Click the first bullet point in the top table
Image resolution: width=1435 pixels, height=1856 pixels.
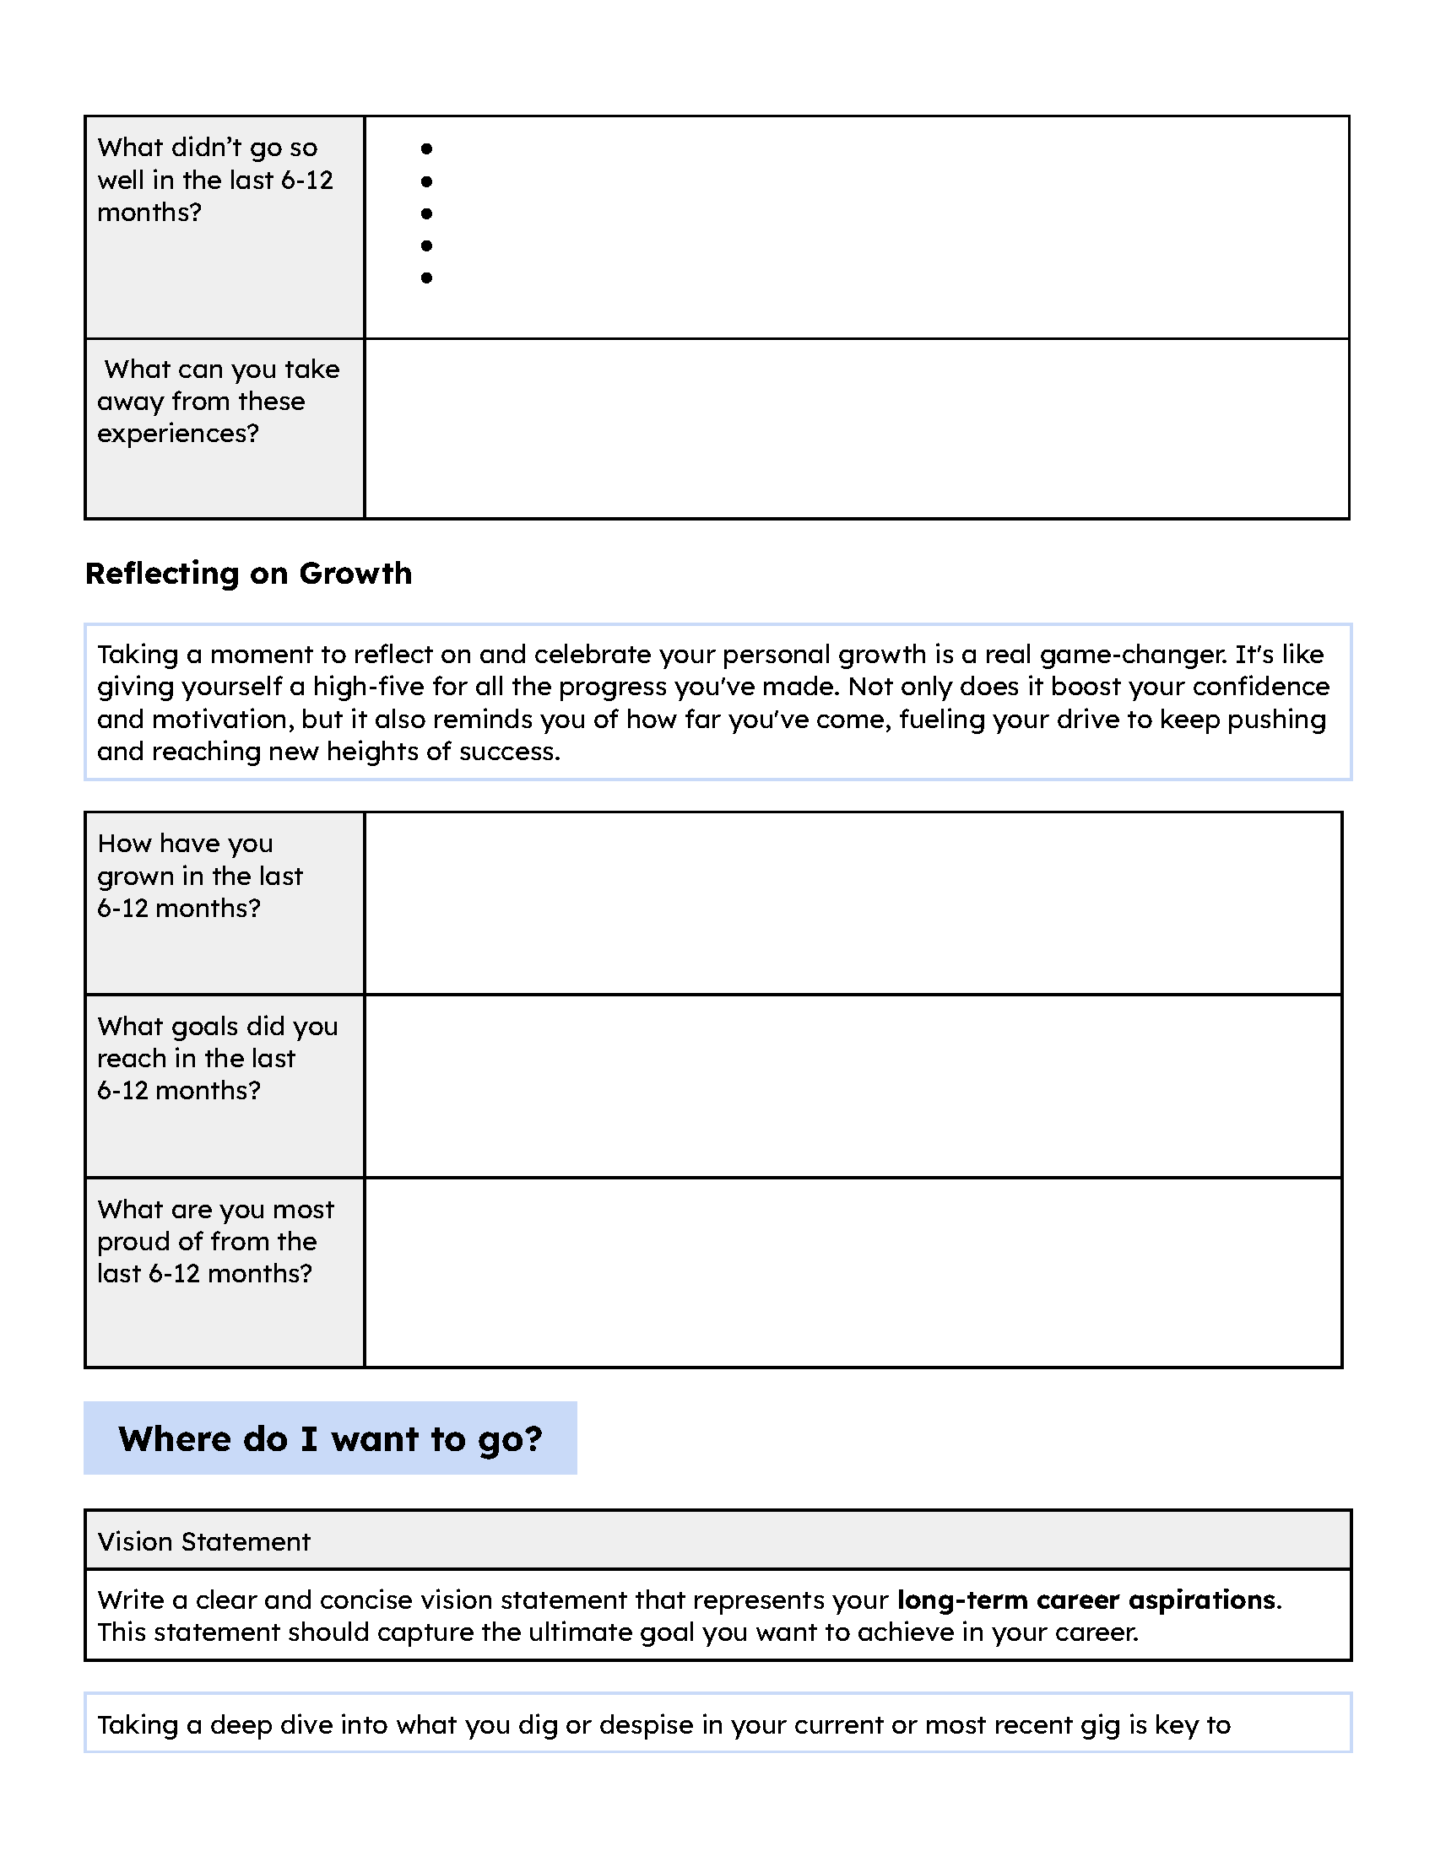427,148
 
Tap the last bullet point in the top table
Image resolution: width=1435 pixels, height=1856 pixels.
427,278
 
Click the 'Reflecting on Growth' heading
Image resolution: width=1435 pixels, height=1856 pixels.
248,574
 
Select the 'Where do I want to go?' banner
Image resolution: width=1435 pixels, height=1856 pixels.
330,1438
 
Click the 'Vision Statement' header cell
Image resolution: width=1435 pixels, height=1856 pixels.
204,1541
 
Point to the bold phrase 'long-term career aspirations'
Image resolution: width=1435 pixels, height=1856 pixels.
1086,1600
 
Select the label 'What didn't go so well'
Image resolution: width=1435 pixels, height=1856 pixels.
214,181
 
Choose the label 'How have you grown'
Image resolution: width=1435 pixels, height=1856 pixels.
200,876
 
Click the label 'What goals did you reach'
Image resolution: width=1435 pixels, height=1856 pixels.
217,1058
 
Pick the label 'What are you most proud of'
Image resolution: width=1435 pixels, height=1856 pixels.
215,1242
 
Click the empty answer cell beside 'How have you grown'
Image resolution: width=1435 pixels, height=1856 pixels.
853,903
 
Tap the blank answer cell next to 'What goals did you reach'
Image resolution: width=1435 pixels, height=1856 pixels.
853,1085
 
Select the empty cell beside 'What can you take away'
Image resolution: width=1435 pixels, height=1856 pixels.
856,429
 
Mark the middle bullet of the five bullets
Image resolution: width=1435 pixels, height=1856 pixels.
427,213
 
